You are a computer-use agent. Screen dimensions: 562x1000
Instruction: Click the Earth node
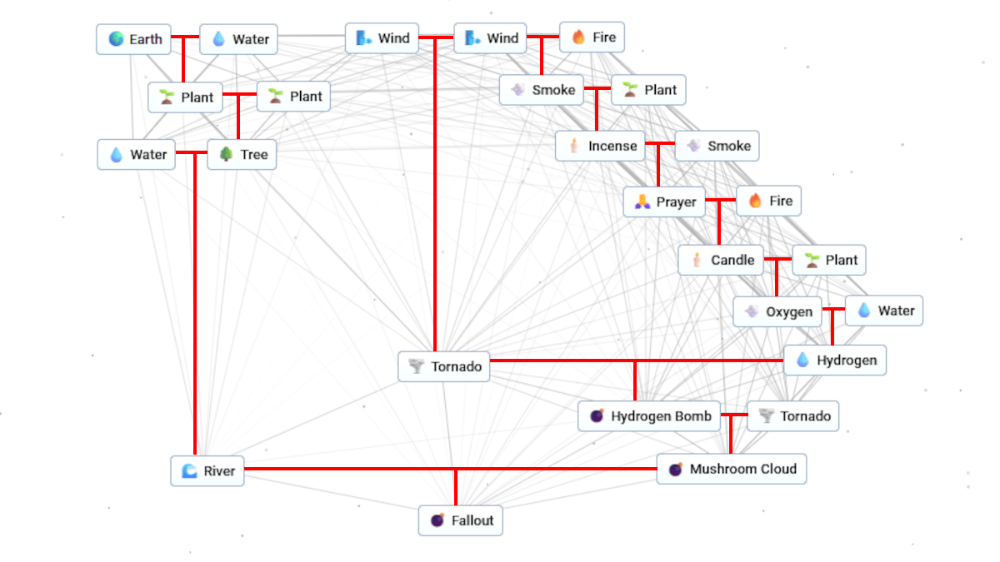[x=134, y=39]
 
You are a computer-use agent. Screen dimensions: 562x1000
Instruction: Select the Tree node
[x=242, y=154]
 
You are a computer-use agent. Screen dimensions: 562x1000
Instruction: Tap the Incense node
[x=601, y=146]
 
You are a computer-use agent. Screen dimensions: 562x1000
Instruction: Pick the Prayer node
[x=663, y=201]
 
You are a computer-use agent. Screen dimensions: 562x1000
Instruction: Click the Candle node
[x=721, y=260]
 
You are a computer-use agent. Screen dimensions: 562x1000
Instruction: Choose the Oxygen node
[x=777, y=311]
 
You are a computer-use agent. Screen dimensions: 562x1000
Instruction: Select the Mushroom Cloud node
[x=731, y=469]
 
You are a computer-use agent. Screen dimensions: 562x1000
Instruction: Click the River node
[x=207, y=470]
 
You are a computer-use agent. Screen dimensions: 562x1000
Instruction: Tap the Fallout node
[x=460, y=520]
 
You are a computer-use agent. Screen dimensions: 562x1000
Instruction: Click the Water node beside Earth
[x=238, y=39]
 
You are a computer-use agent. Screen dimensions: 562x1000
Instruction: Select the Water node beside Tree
[x=137, y=154]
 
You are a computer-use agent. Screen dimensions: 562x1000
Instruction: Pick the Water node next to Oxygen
[x=884, y=311]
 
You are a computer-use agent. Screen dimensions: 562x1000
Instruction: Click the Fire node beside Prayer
[x=768, y=201]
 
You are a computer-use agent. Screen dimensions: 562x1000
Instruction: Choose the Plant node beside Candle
[x=829, y=260]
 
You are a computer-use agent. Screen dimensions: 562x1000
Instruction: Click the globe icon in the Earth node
[x=116, y=39]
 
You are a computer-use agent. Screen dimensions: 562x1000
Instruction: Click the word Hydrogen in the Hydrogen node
[x=846, y=360]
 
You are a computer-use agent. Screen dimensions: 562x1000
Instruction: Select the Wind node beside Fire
[x=491, y=38]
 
